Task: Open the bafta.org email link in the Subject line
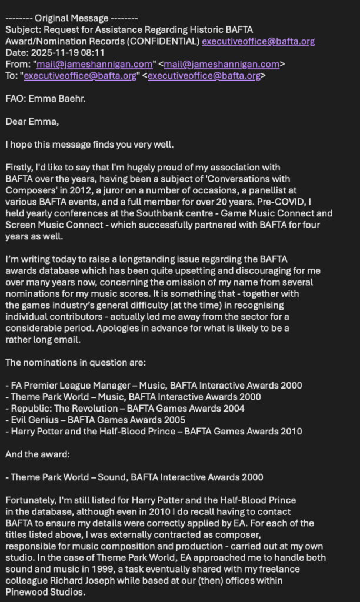pyautogui.click(x=258, y=41)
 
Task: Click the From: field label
pyautogui.click(x=18, y=64)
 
